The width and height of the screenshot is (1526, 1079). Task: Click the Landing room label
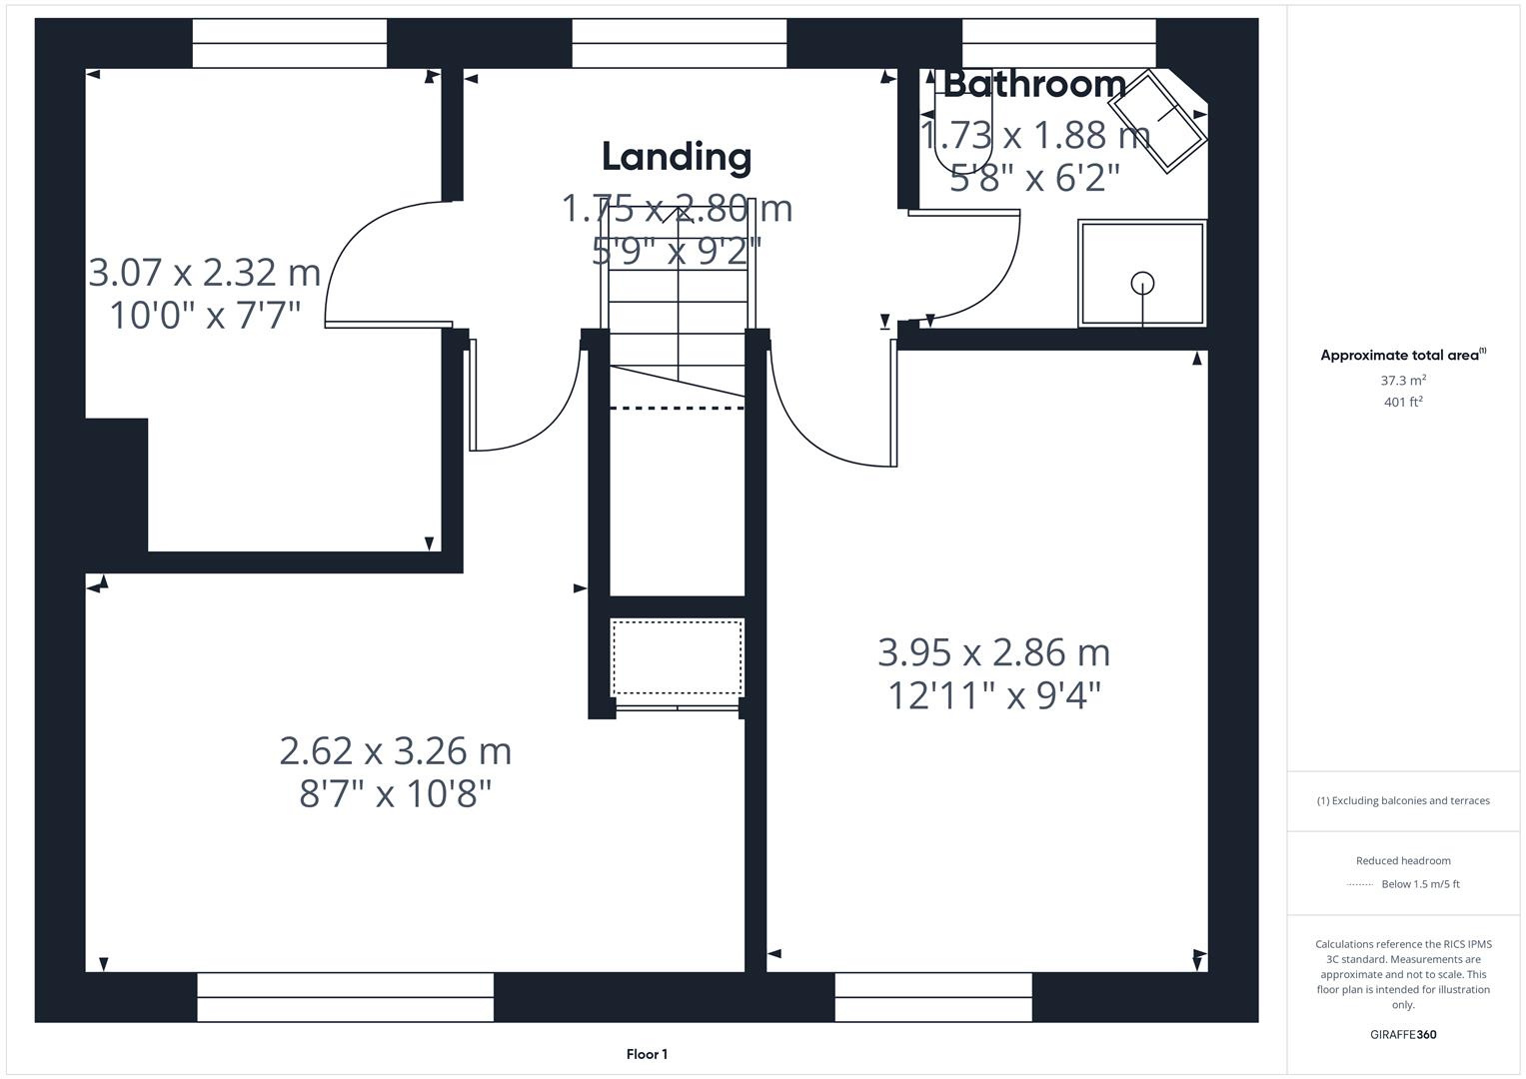click(677, 157)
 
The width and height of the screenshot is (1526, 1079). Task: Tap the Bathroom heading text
click(1034, 84)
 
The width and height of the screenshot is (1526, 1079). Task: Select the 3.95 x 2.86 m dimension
click(993, 652)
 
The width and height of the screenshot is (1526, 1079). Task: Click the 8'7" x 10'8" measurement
click(396, 794)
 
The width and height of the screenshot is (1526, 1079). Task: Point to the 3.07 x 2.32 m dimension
click(205, 272)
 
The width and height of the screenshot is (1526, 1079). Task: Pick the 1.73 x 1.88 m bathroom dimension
click(1034, 134)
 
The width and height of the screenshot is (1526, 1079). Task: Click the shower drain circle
click(1142, 284)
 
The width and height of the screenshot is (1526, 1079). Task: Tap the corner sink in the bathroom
click(1160, 121)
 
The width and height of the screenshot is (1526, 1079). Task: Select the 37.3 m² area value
click(1403, 381)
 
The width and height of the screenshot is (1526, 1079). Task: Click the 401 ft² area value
click(1403, 402)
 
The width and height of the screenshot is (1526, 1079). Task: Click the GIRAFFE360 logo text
click(1403, 1034)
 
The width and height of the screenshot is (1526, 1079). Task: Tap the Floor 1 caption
click(647, 1054)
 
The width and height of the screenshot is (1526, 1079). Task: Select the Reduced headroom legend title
click(1403, 860)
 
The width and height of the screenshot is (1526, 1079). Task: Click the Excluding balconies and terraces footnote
click(1403, 800)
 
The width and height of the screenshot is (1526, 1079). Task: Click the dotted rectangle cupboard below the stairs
click(678, 657)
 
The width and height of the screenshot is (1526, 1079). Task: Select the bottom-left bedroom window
click(345, 997)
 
